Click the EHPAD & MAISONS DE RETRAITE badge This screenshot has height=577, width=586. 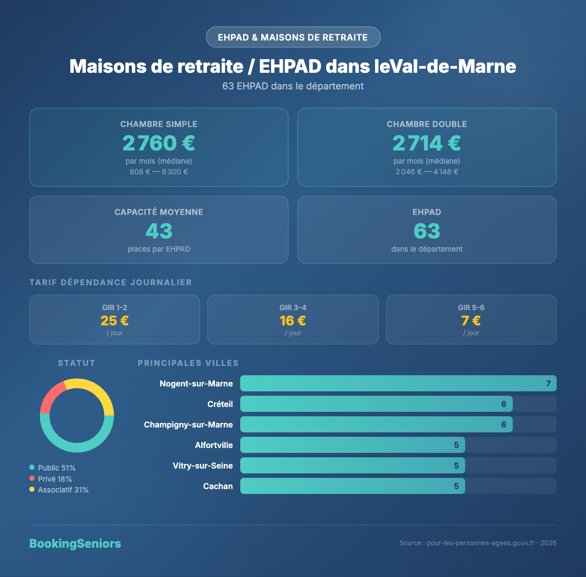(x=293, y=37)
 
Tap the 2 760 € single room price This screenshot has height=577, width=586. (x=159, y=143)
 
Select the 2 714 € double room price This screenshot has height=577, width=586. (x=427, y=143)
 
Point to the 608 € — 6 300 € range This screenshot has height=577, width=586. (x=159, y=172)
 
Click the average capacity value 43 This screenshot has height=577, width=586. (x=159, y=231)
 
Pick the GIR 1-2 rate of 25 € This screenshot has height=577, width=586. (x=115, y=321)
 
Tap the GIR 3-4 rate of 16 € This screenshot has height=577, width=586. (x=293, y=321)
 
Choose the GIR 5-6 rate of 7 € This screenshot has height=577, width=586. (x=471, y=321)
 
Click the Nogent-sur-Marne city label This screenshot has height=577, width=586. (x=196, y=384)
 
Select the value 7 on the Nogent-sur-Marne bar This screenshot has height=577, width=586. (x=548, y=384)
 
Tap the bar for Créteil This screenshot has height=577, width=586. (x=376, y=404)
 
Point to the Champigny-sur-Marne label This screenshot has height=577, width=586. (x=188, y=425)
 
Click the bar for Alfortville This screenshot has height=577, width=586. (x=352, y=445)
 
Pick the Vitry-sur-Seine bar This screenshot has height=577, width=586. (x=352, y=466)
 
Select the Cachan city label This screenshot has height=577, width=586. (x=218, y=486)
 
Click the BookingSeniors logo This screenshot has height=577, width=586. (x=75, y=543)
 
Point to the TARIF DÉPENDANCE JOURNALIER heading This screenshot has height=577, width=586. (x=111, y=282)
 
